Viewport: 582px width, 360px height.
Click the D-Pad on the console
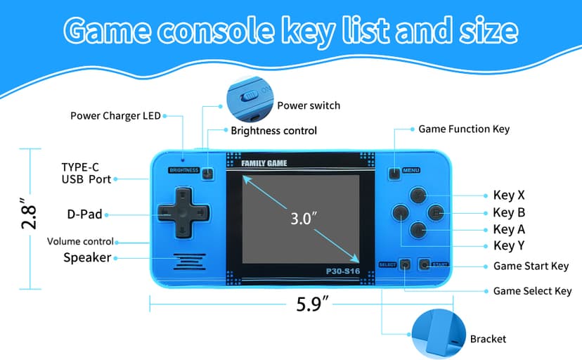click(181, 212)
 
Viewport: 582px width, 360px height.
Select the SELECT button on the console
click(405, 265)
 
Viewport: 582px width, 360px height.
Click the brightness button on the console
click(208, 173)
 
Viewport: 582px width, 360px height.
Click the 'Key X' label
click(510, 195)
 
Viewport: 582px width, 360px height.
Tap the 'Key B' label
click(510, 212)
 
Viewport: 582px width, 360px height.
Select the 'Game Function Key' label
click(464, 129)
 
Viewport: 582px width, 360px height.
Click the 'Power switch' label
click(309, 105)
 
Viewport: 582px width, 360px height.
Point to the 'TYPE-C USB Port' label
click(86, 173)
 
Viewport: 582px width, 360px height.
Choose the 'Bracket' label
click(488, 339)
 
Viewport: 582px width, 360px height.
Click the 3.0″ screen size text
click(301, 218)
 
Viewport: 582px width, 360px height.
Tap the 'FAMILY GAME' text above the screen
click(264, 164)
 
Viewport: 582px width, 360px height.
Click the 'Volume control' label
click(80, 241)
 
